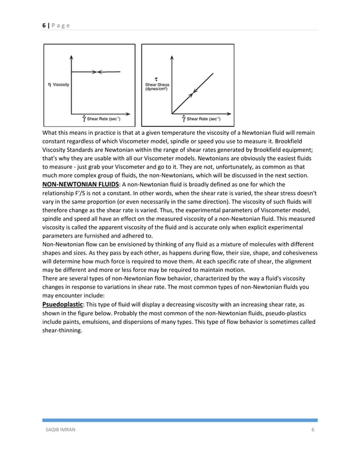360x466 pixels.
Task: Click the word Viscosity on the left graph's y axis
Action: pyautogui.click(x=62, y=84)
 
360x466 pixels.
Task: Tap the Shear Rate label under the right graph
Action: pyautogui.click(x=202, y=119)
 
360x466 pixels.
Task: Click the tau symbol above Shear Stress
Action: pyautogui.click(x=155, y=78)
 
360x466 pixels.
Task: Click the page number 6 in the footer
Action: pyautogui.click(x=313, y=430)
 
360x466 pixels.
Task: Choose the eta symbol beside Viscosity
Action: pyautogui.click(x=50, y=84)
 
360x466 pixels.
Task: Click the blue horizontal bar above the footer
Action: pyautogui.click(x=180, y=420)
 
